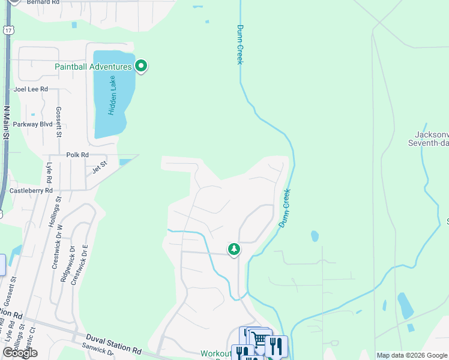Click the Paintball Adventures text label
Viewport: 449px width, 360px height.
click(x=93, y=67)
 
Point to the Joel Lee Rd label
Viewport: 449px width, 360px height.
click(x=31, y=89)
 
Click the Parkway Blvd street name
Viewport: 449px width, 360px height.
click(x=33, y=124)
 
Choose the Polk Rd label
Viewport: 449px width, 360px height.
click(x=77, y=155)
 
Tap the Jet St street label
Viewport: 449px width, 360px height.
click(x=99, y=166)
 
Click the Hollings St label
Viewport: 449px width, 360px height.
click(x=54, y=211)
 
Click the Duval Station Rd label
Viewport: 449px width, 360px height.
click(x=113, y=344)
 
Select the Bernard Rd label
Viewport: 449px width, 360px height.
click(x=44, y=2)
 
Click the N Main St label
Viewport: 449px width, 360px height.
click(x=7, y=124)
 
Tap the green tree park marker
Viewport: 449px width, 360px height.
click(x=234, y=248)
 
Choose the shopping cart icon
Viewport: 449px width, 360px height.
click(x=259, y=340)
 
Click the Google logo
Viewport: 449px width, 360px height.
click(x=20, y=353)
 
